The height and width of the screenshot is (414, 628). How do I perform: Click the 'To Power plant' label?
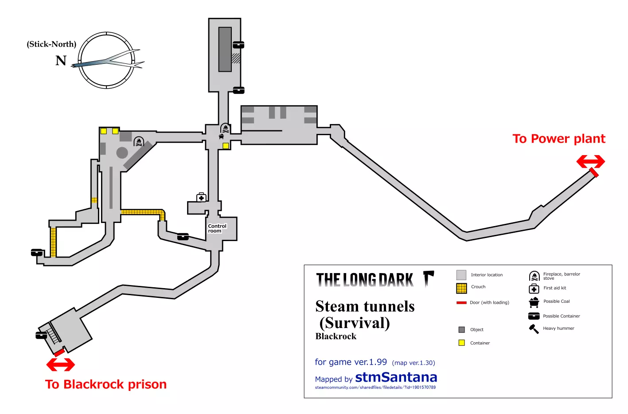tap(559, 139)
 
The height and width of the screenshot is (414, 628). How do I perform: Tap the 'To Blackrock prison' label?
tap(106, 384)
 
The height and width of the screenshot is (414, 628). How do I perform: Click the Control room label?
tap(217, 228)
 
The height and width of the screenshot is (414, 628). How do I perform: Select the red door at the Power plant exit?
tap(594, 172)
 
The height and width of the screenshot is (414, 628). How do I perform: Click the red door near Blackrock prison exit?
tap(59, 352)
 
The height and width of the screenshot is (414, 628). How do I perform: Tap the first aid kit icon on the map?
tap(201, 197)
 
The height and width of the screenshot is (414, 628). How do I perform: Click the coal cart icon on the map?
tap(222, 137)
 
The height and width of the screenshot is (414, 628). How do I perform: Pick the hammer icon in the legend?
tap(534, 329)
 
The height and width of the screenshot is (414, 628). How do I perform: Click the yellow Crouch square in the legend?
tap(461, 289)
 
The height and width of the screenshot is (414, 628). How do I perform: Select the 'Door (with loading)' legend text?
tap(489, 302)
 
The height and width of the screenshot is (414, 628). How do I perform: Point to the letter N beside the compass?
tap(61, 61)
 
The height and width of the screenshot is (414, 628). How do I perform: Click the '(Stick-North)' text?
tap(51, 44)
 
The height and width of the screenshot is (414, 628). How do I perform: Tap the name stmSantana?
tap(396, 377)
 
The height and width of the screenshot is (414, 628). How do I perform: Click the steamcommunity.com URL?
tap(375, 387)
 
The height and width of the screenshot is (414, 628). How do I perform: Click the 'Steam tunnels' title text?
tap(365, 306)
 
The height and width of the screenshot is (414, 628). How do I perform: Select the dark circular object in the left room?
tap(122, 153)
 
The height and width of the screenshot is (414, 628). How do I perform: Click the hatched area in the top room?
tap(236, 59)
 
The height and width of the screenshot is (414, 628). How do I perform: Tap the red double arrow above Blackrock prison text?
tap(61, 365)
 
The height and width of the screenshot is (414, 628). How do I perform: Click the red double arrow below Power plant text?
tap(591, 161)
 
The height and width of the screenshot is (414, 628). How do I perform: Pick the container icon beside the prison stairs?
tap(41, 335)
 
